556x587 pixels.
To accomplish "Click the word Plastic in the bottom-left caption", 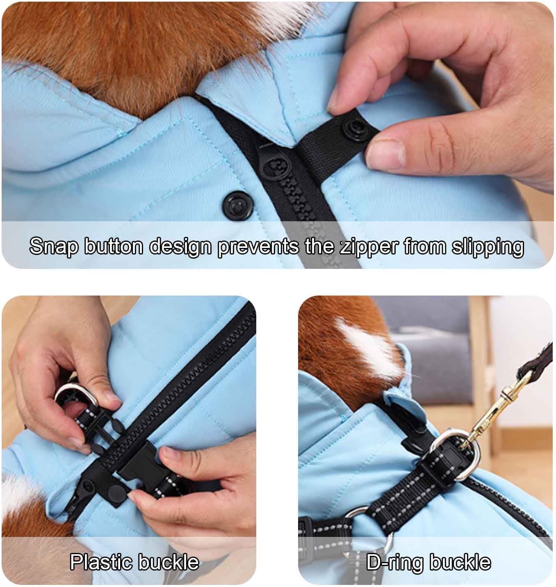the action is [x=101, y=562].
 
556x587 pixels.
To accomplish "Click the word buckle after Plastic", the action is [x=169, y=562].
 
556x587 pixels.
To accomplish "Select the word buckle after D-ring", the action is [x=460, y=562].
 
